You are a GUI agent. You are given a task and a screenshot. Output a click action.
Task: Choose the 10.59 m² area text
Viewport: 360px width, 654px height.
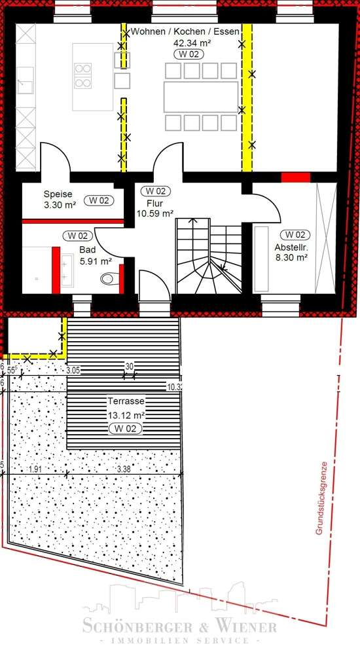154,213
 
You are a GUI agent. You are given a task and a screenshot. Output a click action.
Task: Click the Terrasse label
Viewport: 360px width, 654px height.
126,401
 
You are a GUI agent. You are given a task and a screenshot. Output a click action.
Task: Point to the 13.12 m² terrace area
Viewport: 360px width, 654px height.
126,414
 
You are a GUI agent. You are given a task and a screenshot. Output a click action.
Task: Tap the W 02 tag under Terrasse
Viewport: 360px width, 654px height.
126,428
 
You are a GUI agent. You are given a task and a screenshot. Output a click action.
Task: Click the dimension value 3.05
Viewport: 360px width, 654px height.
73,371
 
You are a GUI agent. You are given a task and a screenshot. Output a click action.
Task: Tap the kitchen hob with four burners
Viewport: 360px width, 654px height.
83,75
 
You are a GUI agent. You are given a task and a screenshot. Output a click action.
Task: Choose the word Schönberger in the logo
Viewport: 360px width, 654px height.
130,627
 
